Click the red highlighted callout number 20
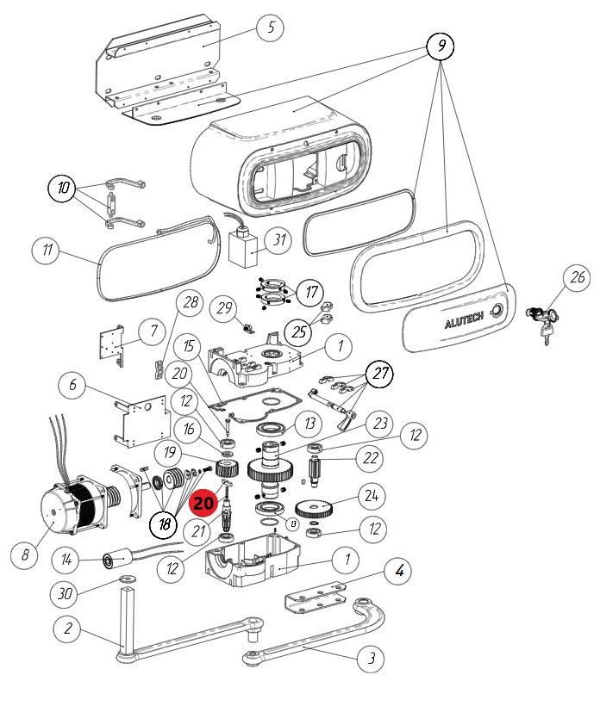(204, 501)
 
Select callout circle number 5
(270, 27)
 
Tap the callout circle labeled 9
(440, 46)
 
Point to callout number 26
(577, 278)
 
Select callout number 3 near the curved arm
(372, 660)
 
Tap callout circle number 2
(68, 629)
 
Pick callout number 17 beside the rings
(308, 292)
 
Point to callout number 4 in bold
(399, 569)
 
